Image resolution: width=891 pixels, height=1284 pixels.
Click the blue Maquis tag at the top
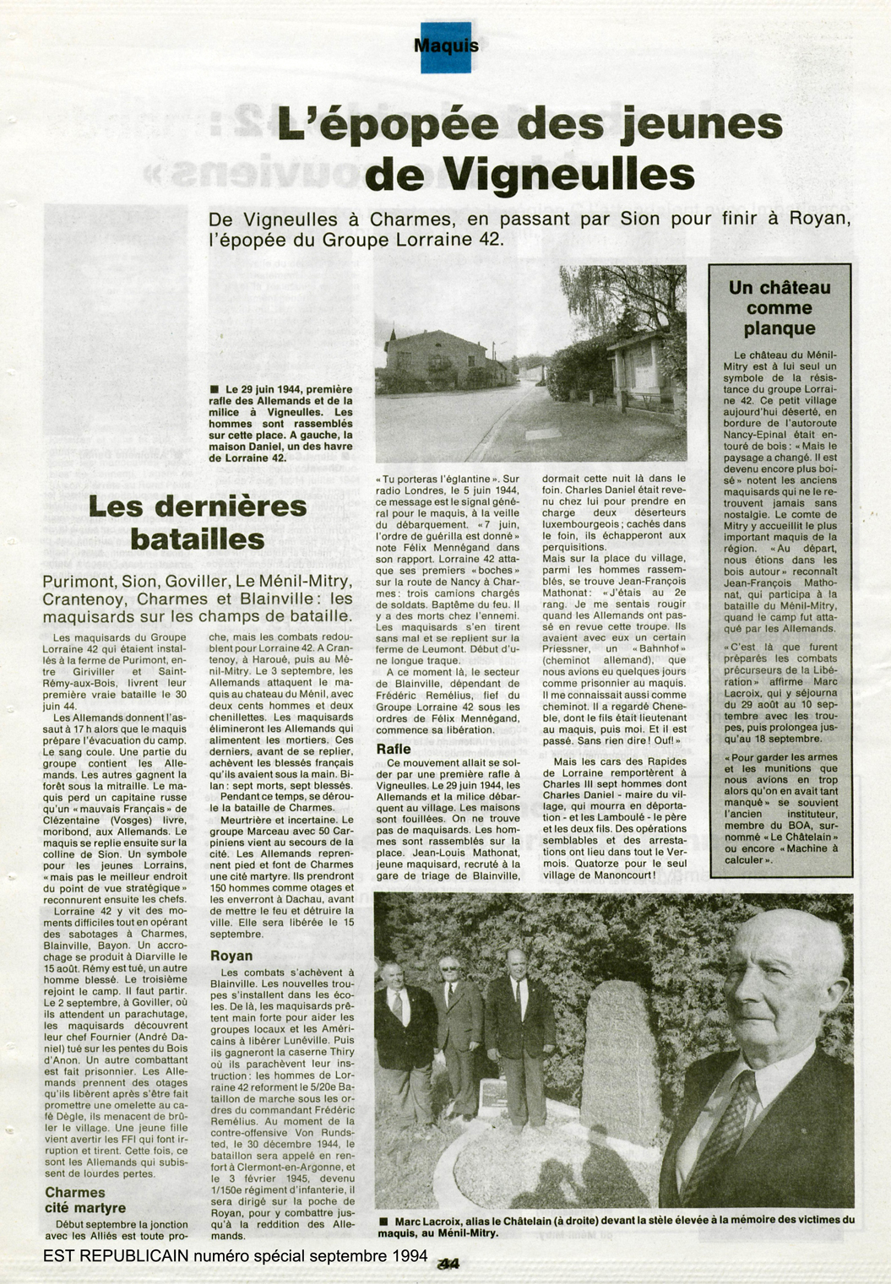(445, 46)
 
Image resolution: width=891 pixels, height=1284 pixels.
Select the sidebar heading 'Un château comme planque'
(780, 308)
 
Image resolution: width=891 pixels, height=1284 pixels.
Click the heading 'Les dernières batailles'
(197, 523)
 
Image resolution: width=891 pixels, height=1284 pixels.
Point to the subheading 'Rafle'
(394, 749)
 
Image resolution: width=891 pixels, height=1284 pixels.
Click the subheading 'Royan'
(231, 956)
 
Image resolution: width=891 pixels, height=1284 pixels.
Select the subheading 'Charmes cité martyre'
(84, 1200)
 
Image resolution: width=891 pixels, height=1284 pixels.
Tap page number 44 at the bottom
(448, 1264)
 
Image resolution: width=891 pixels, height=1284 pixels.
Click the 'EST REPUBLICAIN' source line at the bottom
(235, 1255)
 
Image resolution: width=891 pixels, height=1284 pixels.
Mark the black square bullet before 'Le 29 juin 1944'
(215, 389)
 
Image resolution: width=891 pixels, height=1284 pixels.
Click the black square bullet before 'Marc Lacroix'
(383, 1221)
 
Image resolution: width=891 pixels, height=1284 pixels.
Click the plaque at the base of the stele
(495, 1095)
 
